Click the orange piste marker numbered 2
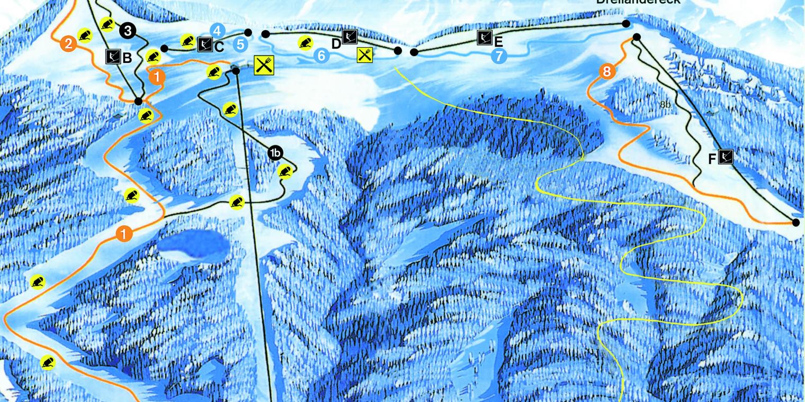(x=68, y=43)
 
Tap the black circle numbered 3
(x=127, y=31)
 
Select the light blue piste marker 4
(x=218, y=31)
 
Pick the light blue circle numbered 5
(x=240, y=44)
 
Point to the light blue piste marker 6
(x=321, y=55)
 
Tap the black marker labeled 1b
(x=275, y=153)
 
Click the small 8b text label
(x=665, y=105)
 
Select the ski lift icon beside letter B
(x=113, y=56)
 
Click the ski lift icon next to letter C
(x=204, y=45)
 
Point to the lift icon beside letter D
(x=350, y=36)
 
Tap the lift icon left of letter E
(x=484, y=38)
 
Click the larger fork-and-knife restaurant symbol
(x=264, y=65)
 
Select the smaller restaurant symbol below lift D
(x=364, y=54)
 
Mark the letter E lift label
(x=498, y=41)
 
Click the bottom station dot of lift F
(x=795, y=223)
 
